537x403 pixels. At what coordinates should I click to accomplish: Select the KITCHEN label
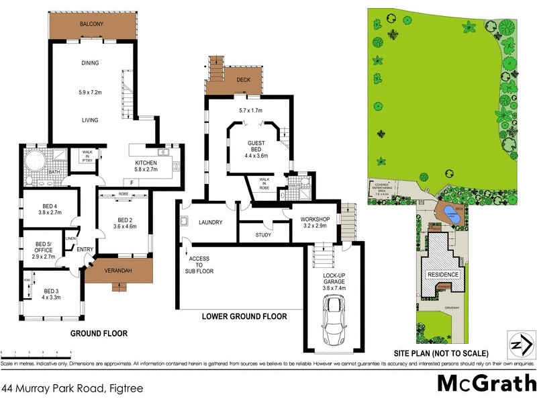146,163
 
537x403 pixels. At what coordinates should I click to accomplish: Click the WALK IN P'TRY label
87,155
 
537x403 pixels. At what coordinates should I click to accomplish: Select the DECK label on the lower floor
244,79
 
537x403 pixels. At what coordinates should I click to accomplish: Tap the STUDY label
263,235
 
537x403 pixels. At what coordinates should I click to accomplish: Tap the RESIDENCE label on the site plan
444,275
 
